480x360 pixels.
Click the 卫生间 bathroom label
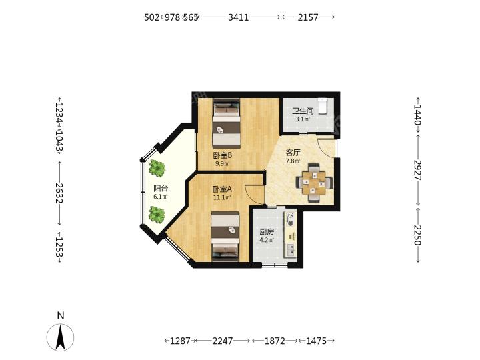point(303,111)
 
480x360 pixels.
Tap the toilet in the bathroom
point(323,106)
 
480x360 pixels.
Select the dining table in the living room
point(314,183)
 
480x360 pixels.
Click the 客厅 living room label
point(293,153)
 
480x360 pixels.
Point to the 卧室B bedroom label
point(223,155)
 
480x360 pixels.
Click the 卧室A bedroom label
point(222,189)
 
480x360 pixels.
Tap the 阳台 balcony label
point(161,189)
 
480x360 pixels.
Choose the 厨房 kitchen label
point(267,232)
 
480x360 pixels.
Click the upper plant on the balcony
point(157,168)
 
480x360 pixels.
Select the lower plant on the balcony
point(157,215)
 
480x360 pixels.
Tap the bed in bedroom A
point(225,236)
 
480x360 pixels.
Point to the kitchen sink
point(291,250)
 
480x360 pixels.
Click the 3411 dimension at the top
point(239,17)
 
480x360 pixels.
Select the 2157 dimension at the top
point(308,17)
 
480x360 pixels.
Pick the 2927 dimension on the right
point(418,170)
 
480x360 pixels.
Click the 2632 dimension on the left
point(59,193)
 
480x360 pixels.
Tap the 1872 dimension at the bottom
point(275,341)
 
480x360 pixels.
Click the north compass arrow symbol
point(60,337)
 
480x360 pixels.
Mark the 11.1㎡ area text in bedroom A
point(222,197)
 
